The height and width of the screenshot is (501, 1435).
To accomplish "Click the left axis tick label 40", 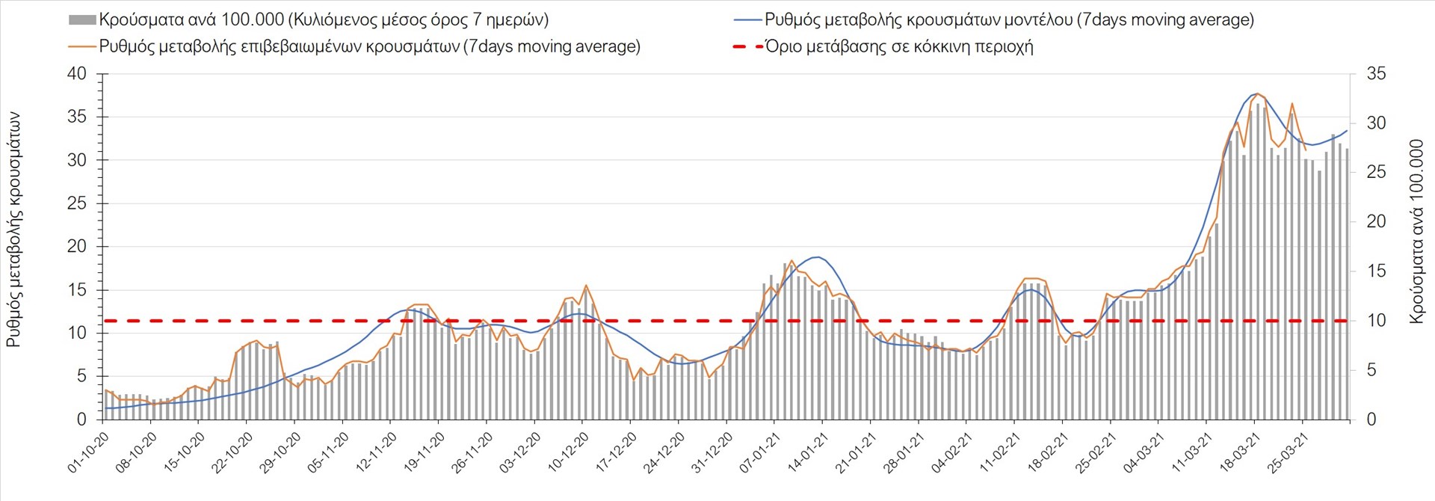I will (77, 74).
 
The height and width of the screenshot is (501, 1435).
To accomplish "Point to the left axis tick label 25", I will (77, 203).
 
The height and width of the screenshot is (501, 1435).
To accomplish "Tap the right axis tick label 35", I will (1376, 74).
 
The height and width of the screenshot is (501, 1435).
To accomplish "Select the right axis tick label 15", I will (1376, 271).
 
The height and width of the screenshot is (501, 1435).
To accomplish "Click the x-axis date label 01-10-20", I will (88, 453).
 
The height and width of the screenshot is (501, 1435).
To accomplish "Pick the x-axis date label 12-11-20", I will (376, 453).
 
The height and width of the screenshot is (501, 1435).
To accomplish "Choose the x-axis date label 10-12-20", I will (568, 453).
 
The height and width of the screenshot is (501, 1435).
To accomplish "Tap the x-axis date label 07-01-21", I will (759, 453).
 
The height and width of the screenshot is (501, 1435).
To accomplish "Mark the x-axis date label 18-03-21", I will (1239, 453).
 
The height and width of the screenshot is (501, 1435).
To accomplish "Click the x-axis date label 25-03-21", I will (1287, 453).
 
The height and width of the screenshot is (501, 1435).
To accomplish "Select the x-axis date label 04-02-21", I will (951, 453).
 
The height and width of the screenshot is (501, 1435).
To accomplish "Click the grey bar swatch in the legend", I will (82, 20).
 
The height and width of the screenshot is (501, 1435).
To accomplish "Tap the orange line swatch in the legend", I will (82, 46).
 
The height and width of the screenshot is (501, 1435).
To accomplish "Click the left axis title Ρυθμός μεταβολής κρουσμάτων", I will (13, 230).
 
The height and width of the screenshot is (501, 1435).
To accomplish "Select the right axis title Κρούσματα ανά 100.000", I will (1416, 231).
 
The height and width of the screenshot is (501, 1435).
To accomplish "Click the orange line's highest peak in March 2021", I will (1258, 93).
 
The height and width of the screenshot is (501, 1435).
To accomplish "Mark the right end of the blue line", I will (1347, 131).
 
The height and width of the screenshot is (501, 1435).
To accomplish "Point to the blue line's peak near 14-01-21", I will (818, 257).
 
